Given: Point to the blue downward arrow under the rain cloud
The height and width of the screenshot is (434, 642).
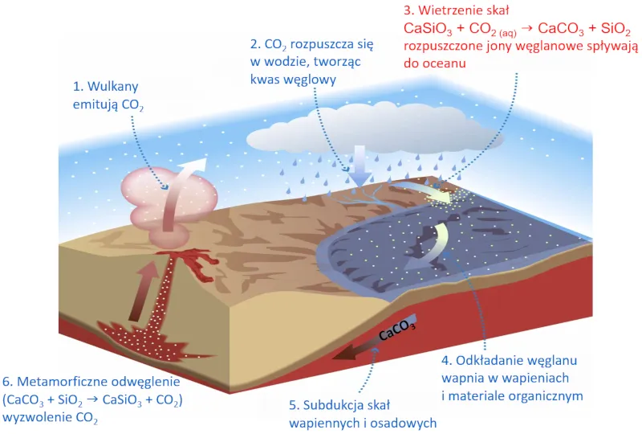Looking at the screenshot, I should point(360,165).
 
